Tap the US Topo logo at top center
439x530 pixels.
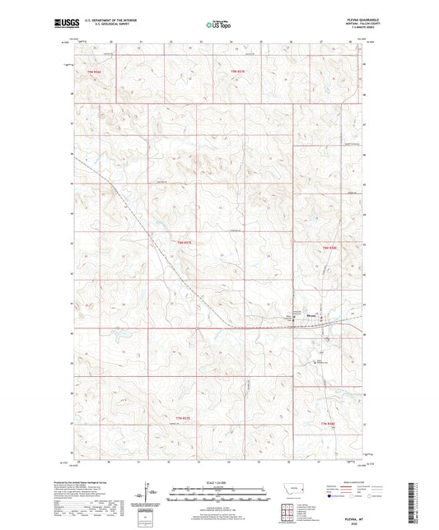click(217, 26)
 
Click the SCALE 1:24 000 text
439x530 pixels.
click(218, 481)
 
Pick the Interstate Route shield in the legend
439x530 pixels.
click(330, 497)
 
